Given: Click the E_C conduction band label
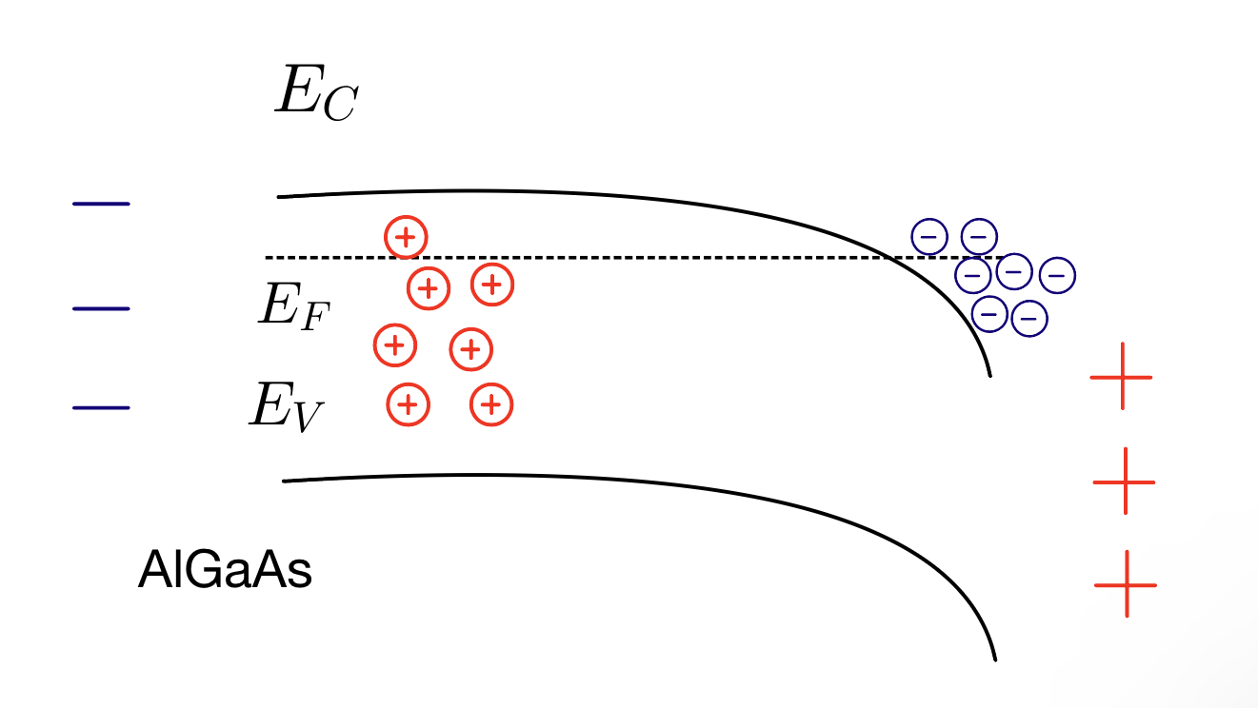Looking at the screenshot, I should (315, 92).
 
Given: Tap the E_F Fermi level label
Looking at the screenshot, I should (293, 305).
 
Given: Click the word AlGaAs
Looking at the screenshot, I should (225, 571).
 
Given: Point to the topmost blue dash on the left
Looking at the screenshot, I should (101, 204).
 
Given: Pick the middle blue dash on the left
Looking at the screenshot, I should (101, 309).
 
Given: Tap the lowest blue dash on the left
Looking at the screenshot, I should (101, 408).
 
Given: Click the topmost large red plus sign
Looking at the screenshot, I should (1121, 377).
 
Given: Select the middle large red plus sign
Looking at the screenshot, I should (1124, 482).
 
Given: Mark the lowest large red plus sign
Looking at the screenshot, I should (1126, 584).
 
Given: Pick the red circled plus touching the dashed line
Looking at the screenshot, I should (406, 237).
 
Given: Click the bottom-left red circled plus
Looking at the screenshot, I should (408, 405).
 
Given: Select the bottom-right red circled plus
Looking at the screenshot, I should (491, 405).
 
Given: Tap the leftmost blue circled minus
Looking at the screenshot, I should (930, 235).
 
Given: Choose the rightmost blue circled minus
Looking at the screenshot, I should (1057, 276).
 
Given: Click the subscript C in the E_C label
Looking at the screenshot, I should (338, 105).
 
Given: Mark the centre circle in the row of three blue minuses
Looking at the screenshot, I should (1014, 272).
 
